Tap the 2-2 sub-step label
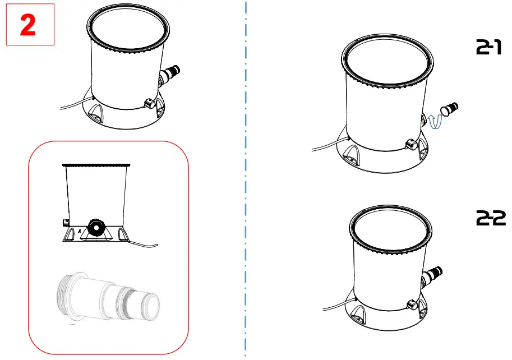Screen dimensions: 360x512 (x=491, y=219)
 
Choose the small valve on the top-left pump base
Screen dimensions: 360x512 (x=150, y=103)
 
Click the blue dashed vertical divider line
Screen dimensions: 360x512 (x=246, y=179)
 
